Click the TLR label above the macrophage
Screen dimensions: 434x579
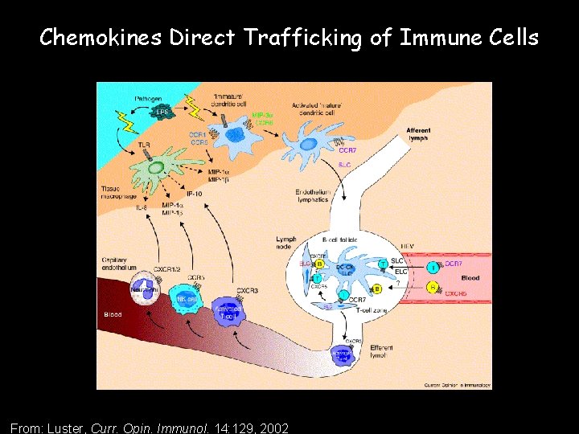pos(144,145)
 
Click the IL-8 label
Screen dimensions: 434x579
pos(142,207)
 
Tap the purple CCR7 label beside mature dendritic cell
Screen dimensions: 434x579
pos(348,150)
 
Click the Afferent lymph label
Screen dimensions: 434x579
pos(417,134)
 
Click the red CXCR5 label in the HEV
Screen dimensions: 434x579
pos(455,294)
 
